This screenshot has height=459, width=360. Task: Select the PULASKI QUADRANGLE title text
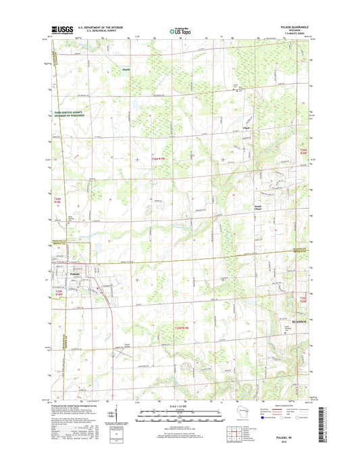pyautogui.click(x=292, y=26)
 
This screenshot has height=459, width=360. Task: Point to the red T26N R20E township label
pyautogui.click(x=303, y=151)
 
